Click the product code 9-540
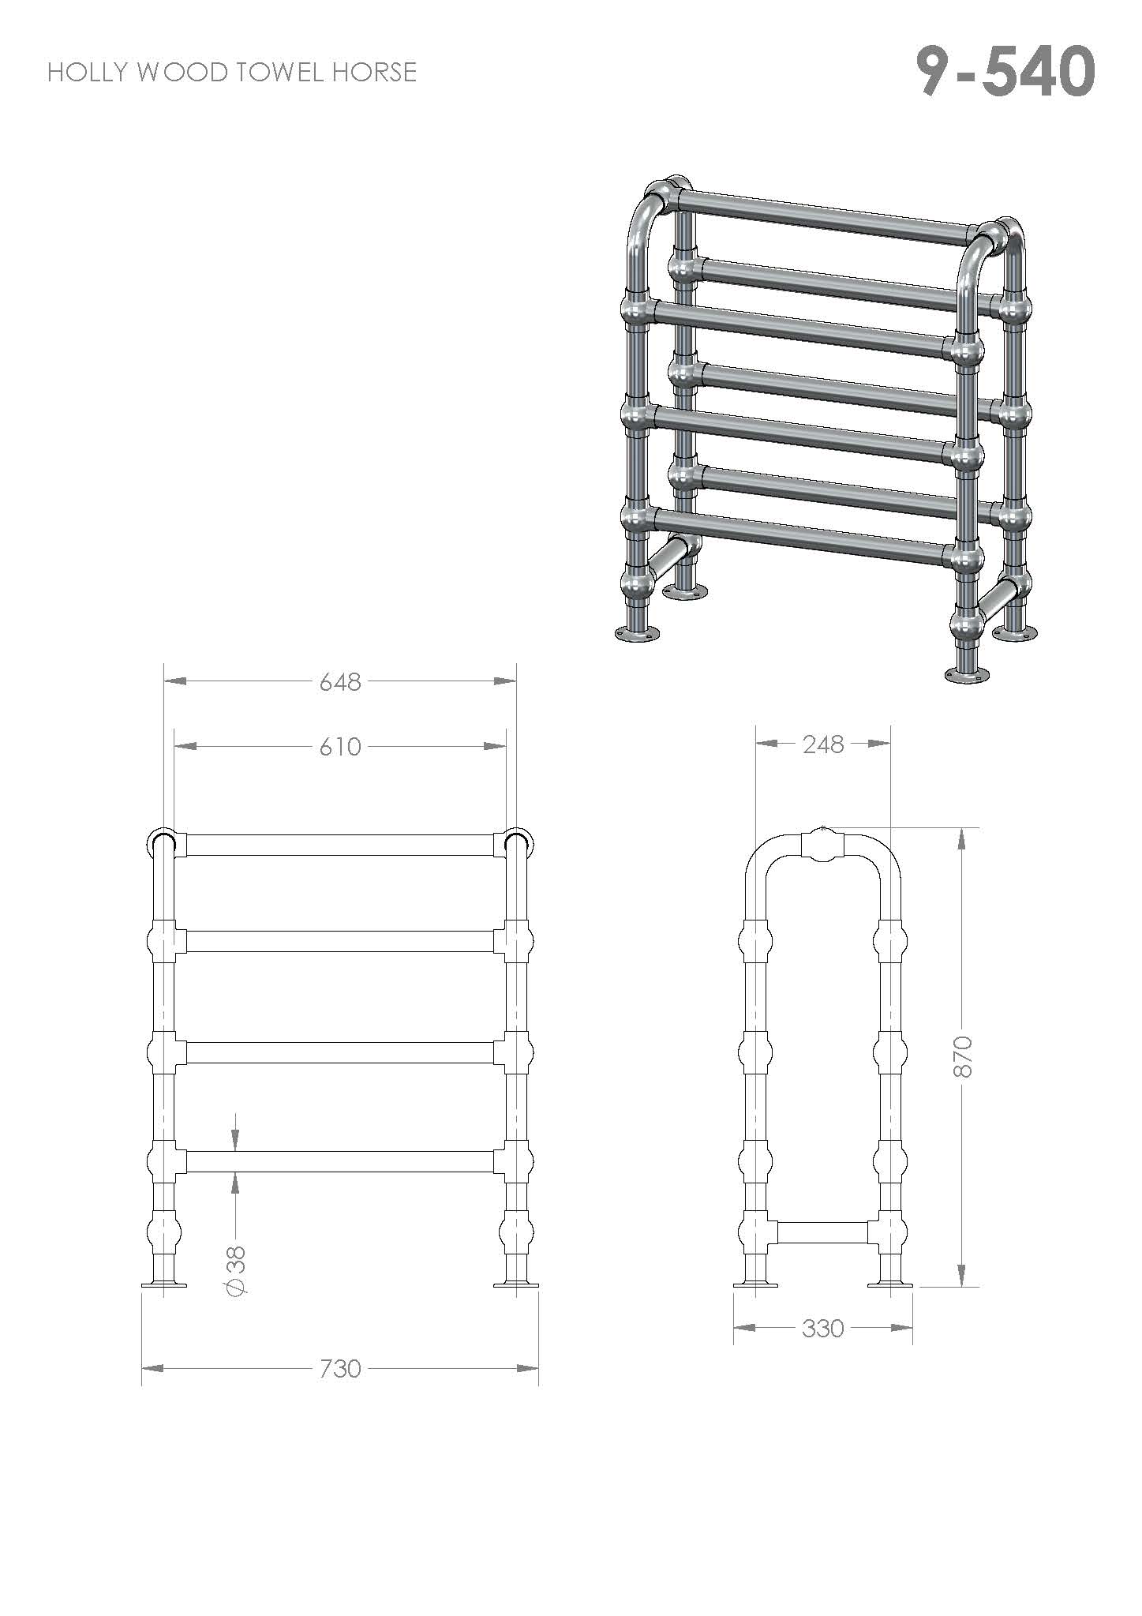(x=1005, y=71)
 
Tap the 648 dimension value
(x=340, y=681)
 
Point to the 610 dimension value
(x=340, y=746)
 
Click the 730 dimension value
(x=340, y=1368)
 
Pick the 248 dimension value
(x=823, y=744)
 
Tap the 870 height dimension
(x=963, y=1057)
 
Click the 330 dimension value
(x=823, y=1329)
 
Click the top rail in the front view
(x=340, y=845)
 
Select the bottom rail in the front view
(x=340, y=1161)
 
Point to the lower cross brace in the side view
(x=823, y=1232)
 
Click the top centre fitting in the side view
(x=823, y=845)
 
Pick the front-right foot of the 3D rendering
(x=967, y=674)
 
